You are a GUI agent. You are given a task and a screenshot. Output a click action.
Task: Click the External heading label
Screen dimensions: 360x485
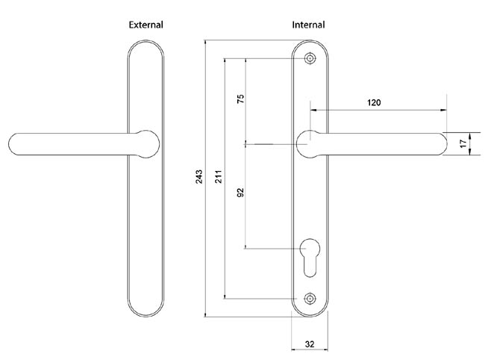pos(145,25)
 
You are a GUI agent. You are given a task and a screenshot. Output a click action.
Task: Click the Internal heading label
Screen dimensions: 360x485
pos(308,25)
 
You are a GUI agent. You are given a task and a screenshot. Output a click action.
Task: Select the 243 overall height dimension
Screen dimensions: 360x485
pos(199,177)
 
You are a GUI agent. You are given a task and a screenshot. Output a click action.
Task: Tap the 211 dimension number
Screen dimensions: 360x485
pos(219,177)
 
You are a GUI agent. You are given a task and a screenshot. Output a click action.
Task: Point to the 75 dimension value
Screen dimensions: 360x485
pos(240,100)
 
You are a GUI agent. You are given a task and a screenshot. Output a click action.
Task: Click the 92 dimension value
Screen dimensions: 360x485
pos(240,193)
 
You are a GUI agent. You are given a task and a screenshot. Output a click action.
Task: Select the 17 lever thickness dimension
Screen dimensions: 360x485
pos(463,143)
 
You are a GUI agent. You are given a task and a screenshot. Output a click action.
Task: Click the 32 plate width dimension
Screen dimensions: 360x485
pos(309,344)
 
